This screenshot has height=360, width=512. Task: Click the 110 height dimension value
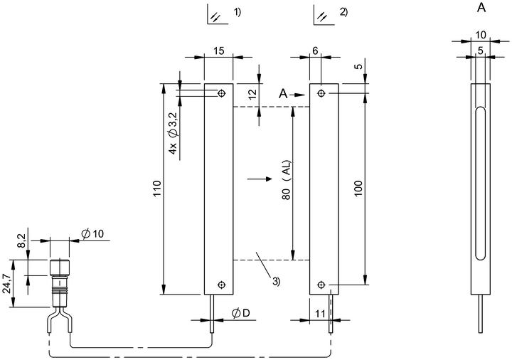click(157, 189)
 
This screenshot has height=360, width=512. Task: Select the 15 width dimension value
click(219, 51)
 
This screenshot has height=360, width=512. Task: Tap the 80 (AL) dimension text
click(287, 180)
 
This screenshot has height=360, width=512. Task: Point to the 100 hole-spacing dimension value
click(358, 188)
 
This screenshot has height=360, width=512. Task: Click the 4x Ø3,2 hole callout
click(173, 133)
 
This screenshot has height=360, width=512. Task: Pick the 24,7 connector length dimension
click(7, 284)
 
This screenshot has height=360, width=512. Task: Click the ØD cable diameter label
click(241, 313)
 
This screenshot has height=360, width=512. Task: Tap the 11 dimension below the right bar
click(320, 314)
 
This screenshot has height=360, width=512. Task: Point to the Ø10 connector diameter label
click(93, 233)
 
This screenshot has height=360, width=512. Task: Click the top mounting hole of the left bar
click(222, 94)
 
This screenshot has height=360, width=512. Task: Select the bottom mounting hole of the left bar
click(222, 285)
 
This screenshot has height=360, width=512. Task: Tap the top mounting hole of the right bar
click(321, 94)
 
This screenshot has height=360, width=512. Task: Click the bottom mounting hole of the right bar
click(321, 285)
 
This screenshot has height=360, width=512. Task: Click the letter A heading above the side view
click(481, 8)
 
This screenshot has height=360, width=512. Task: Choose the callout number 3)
click(276, 281)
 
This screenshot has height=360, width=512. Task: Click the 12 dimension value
click(252, 94)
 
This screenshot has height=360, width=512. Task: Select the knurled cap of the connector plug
click(60, 268)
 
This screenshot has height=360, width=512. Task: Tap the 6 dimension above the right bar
click(315, 51)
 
